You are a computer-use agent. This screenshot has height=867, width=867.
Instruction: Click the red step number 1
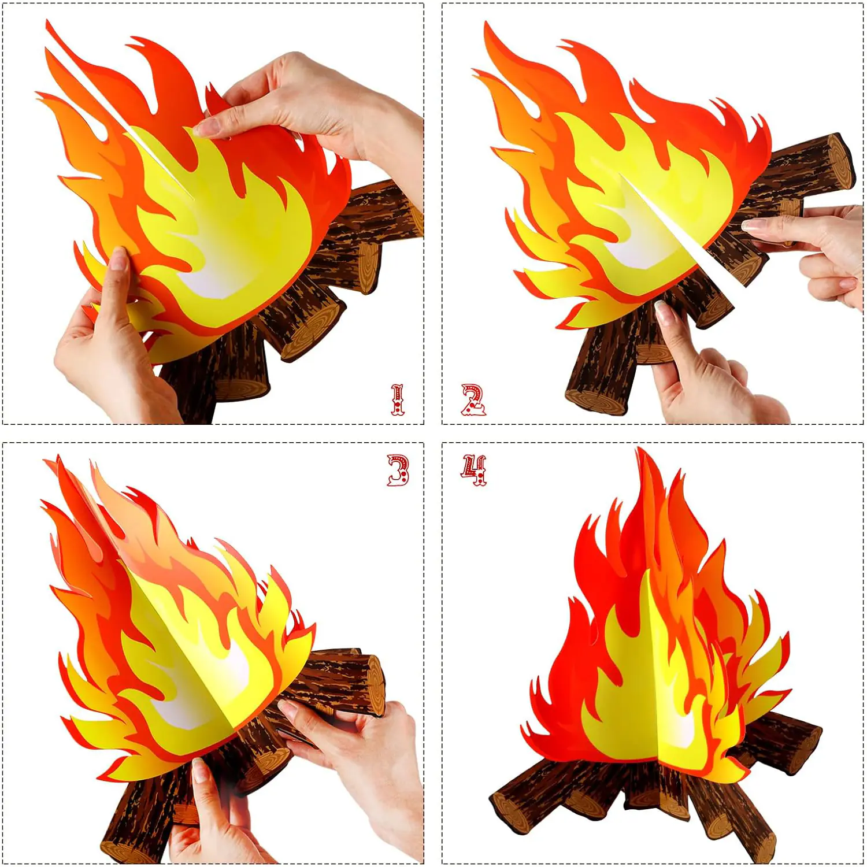tap(398, 399)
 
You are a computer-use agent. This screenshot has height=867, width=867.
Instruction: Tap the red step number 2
tap(473, 399)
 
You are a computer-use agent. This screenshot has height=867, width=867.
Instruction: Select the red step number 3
tap(398, 470)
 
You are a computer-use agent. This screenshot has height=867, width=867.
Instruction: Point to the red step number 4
tap(474, 470)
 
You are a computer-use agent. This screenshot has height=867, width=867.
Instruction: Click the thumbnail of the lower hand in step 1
tap(118, 258)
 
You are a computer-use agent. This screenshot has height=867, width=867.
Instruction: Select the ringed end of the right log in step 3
tap(375, 686)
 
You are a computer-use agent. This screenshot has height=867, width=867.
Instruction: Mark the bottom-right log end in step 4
tap(760, 847)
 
